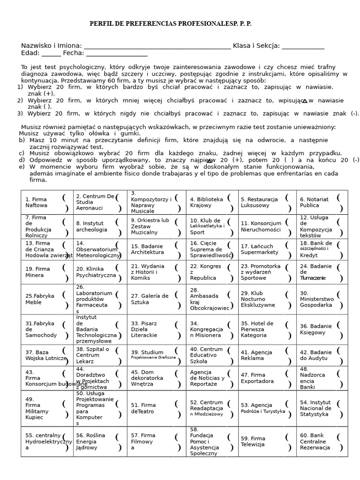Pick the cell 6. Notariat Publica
pos(322,202)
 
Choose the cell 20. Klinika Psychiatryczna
pos(100,272)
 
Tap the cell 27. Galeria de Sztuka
pos(156,299)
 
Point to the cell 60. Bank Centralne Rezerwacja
pos(322,442)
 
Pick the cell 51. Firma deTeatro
pos(156,408)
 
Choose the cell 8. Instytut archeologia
pos(100,227)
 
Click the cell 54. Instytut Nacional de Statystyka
pos(322,408)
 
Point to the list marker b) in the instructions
pos(22,140)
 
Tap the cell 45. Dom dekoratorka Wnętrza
pos(156,378)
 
